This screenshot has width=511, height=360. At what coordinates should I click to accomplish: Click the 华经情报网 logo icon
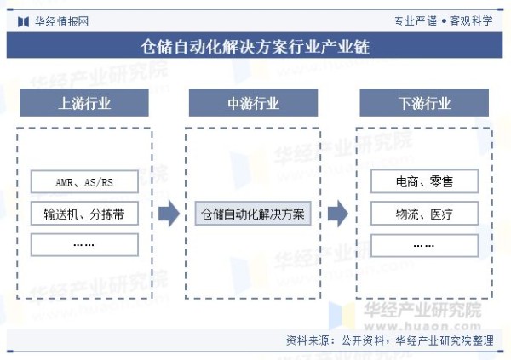(23, 22)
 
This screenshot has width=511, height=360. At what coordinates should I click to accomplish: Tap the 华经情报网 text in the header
(61, 22)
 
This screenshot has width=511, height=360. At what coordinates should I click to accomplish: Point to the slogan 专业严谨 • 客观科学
(443, 20)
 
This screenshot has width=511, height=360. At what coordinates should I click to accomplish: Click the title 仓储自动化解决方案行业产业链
(255, 46)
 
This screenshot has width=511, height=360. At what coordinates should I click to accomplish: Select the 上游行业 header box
(84, 103)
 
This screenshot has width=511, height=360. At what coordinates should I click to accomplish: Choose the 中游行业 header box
(253, 103)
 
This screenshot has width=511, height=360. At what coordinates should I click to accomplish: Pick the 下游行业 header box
(424, 103)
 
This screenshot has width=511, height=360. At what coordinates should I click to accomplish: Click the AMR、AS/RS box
(84, 181)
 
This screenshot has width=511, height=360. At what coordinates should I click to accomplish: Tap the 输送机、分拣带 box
(84, 214)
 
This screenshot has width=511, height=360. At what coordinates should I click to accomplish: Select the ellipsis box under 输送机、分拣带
(84, 244)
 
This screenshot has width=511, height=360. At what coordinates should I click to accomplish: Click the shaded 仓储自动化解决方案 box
(253, 214)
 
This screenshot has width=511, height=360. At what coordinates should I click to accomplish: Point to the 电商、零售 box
(425, 181)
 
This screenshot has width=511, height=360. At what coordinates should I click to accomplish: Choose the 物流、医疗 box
(425, 214)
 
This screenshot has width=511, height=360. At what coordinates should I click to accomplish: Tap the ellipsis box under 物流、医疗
(425, 245)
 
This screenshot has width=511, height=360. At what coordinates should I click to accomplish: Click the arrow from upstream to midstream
(169, 214)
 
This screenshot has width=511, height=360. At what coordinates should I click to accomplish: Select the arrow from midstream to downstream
(338, 214)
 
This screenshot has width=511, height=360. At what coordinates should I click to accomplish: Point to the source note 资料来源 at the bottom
(390, 340)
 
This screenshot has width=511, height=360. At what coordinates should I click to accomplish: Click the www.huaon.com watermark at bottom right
(422, 326)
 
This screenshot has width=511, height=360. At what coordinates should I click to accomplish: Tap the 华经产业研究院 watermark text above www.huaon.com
(422, 310)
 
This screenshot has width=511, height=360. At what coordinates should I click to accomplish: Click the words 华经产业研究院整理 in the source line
(445, 340)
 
